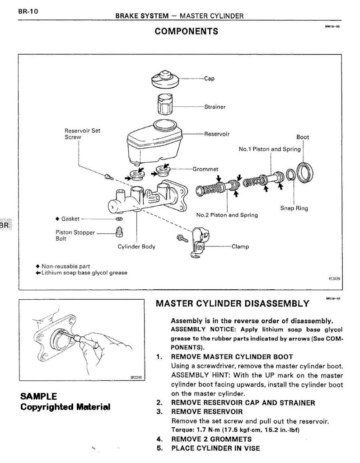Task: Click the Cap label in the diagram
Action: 209,78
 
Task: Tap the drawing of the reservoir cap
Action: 165,80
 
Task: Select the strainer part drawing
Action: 165,105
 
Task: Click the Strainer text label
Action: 215,107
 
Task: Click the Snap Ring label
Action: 294,208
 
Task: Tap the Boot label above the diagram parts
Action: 303,137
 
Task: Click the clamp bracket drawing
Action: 198,244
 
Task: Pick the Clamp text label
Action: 240,247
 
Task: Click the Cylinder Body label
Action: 136,247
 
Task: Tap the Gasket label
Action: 70,219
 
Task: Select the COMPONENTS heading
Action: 187,31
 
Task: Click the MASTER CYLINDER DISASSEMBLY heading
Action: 233,303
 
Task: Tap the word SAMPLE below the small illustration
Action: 39,397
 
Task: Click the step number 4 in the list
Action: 159,439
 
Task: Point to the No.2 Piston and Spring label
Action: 227,215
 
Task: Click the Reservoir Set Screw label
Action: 83,134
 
